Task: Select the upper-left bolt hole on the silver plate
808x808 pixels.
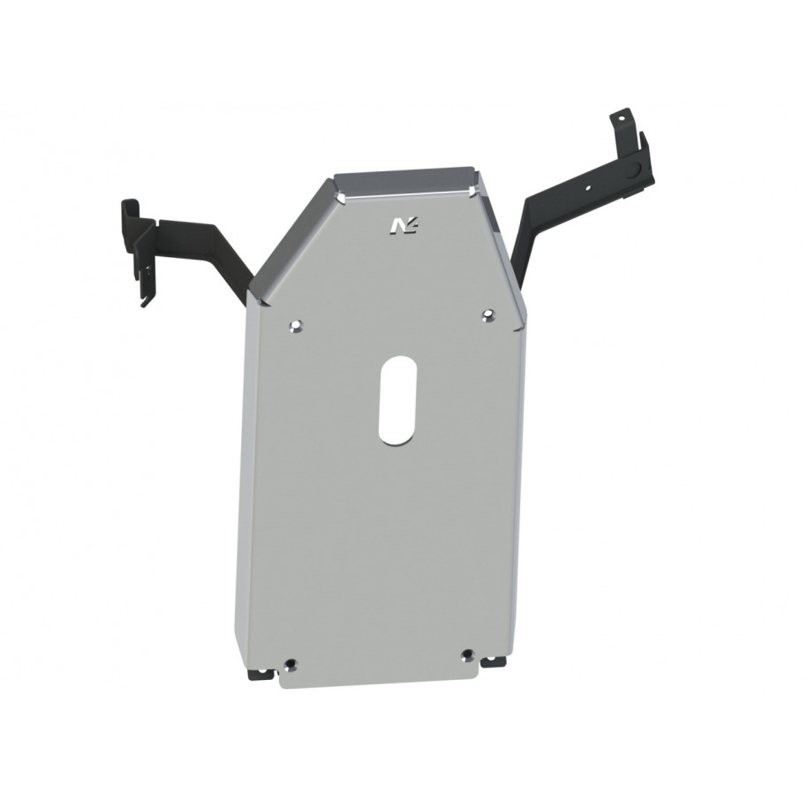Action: (x=295, y=327)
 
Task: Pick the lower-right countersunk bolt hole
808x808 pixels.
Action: (x=467, y=655)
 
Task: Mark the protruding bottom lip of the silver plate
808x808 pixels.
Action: (x=380, y=676)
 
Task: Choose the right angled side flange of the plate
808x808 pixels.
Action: (x=500, y=238)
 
